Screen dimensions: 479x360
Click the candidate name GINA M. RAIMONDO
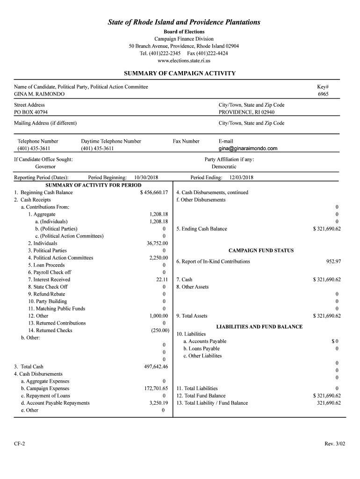[39, 94]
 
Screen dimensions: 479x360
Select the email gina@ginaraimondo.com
[248, 149]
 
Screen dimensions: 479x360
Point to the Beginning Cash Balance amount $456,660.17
[154, 193]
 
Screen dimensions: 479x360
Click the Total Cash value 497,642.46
[156, 367]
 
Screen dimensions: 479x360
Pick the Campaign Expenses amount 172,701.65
[156, 389]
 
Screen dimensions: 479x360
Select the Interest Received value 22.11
[162, 280]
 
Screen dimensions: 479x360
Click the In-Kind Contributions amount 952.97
[333, 261]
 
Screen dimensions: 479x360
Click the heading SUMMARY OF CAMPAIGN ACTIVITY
[180, 73]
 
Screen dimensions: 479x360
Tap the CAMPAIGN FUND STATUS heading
[261, 251]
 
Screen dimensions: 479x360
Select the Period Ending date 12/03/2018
[241, 178]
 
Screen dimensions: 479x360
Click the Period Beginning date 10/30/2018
[146, 178]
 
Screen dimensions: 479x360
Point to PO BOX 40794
[31, 112]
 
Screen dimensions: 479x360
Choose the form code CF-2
[20, 443]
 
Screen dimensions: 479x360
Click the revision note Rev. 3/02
[333, 443]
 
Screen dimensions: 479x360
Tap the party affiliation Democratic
[224, 167]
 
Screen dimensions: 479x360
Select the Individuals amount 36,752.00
[157, 243]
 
